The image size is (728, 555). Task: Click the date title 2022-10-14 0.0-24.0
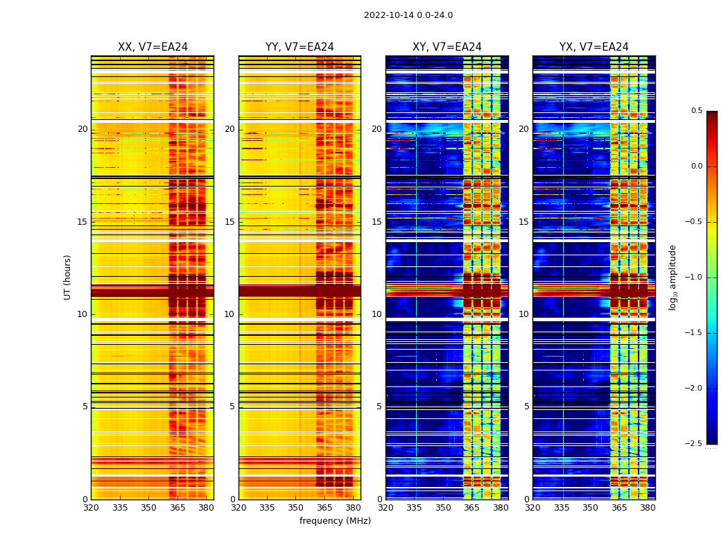(x=408, y=15)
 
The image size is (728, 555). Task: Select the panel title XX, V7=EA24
(x=153, y=47)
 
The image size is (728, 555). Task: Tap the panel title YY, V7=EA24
(x=300, y=47)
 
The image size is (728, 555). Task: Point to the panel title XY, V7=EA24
(x=447, y=47)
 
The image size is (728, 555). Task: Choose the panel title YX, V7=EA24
(x=594, y=47)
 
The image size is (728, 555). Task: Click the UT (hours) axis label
(x=67, y=277)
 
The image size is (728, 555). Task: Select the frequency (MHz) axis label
(x=335, y=521)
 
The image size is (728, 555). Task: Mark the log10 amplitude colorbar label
(x=673, y=277)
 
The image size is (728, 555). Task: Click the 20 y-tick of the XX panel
(x=83, y=129)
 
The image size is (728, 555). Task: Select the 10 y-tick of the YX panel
(x=523, y=314)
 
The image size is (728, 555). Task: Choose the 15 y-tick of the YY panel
(x=229, y=222)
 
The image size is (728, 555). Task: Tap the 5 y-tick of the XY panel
(x=379, y=407)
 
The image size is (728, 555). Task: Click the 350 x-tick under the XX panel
(x=148, y=508)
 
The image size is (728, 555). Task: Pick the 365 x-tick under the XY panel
(x=471, y=508)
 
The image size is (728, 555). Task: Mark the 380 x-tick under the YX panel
(x=648, y=508)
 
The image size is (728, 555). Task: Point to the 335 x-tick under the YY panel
(x=267, y=508)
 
